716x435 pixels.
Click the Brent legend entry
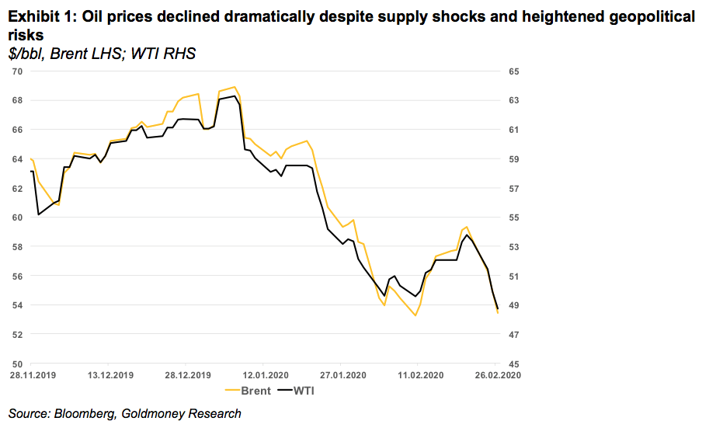[256, 391]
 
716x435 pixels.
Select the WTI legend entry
[304, 391]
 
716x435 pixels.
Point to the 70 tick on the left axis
[16, 71]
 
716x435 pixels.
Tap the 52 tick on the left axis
[16, 335]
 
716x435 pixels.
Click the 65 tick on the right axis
[513, 71]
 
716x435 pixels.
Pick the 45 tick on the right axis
[513, 364]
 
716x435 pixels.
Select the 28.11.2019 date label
[31, 374]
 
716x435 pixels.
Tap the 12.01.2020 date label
[263, 374]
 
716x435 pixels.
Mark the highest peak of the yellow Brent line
[235, 87]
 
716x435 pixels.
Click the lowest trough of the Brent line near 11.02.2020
[416, 315]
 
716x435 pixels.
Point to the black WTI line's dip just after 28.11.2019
[38, 214]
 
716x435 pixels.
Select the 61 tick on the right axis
[513, 130]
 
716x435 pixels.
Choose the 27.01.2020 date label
[341, 374]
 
